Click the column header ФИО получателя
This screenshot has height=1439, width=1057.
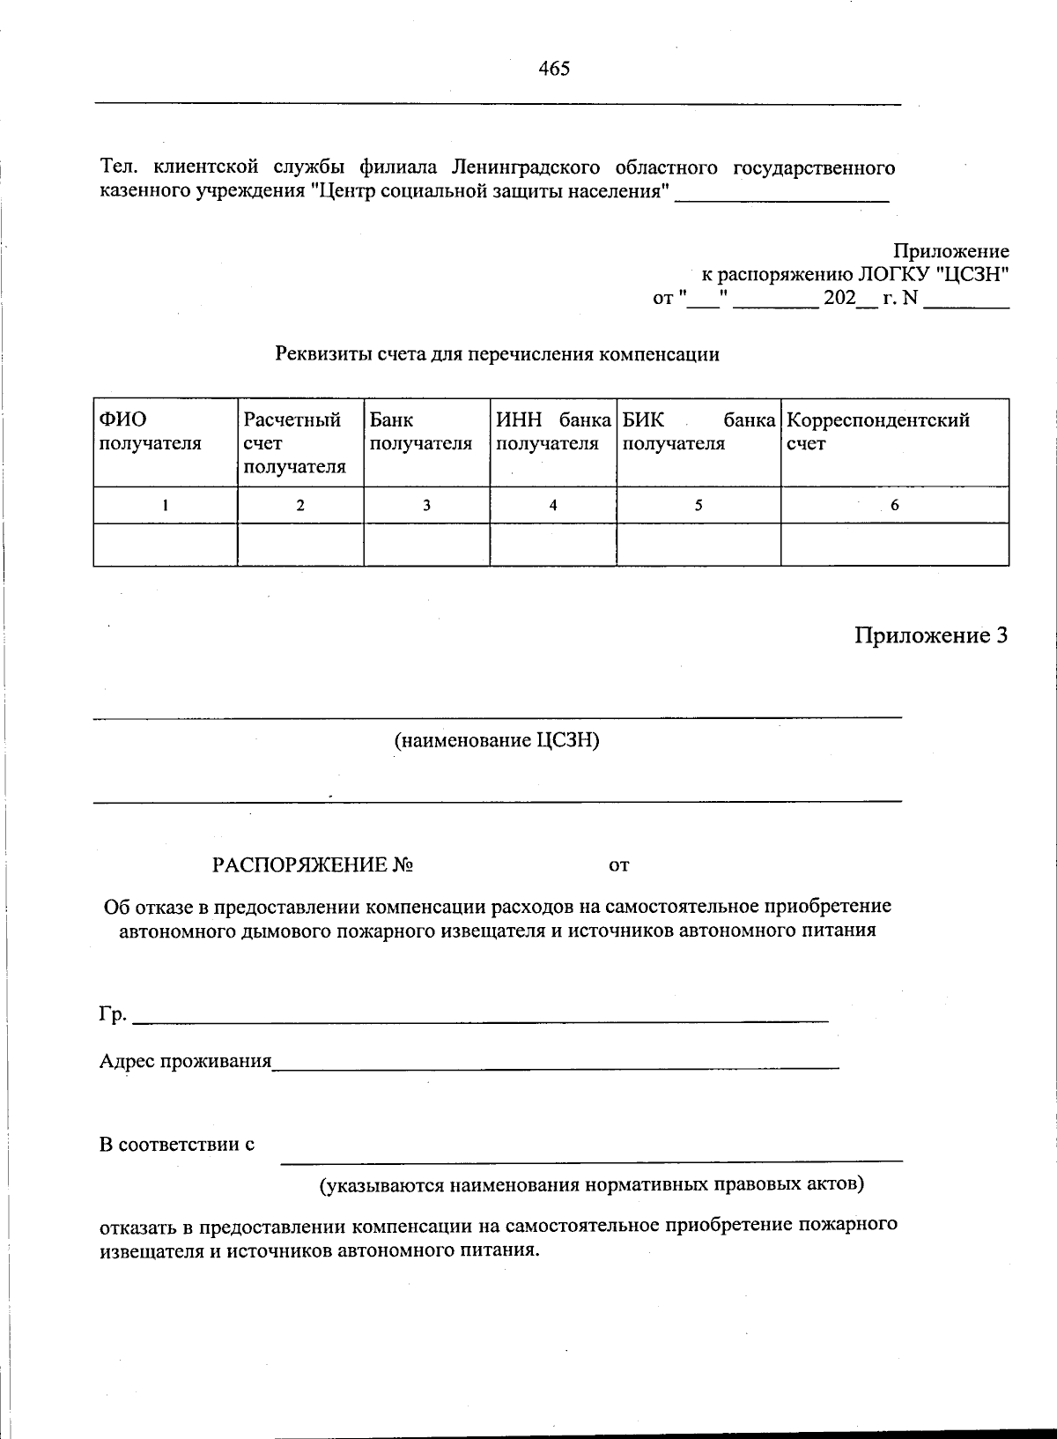pyautogui.click(x=150, y=432)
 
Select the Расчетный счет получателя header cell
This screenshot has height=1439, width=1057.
pyautogui.click(x=294, y=443)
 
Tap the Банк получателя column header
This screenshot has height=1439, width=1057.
pyautogui.click(x=420, y=432)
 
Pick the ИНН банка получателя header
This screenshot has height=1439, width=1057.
pyautogui.click(x=552, y=432)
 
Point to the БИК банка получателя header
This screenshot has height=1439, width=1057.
pyautogui.click(x=698, y=432)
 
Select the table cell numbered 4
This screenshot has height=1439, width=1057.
pyautogui.click(x=552, y=506)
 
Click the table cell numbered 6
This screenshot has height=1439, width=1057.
pyautogui.click(x=894, y=506)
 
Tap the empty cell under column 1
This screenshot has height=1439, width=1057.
pyautogui.click(x=165, y=545)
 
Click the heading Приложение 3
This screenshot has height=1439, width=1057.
pyautogui.click(x=930, y=635)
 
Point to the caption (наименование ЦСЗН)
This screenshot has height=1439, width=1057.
pyautogui.click(x=497, y=740)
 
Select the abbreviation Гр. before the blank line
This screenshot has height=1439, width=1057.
pyautogui.click(x=112, y=1014)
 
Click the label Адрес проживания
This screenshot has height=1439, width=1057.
pyautogui.click(x=185, y=1061)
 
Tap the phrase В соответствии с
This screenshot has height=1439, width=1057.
pyautogui.click(x=176, y=1145)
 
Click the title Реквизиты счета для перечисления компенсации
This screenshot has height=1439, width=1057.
pyautogui.click(x=497, y=354)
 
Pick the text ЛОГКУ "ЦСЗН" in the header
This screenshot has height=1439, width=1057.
pyautogui.click(x=933, y=274)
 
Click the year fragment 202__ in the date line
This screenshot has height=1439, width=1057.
pyautogui.click(x=848, y=299)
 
